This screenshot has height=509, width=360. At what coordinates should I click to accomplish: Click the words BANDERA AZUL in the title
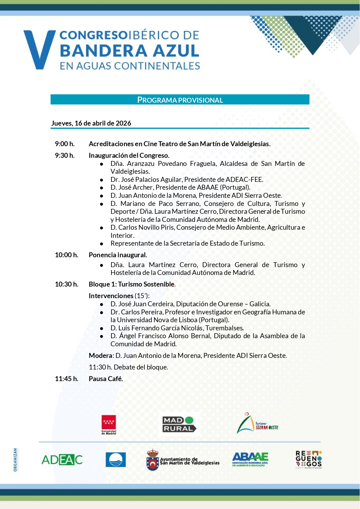point(129,50)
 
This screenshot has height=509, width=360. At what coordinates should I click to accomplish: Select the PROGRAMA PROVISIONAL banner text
point(180,100)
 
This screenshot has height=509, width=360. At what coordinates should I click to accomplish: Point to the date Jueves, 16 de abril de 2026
point(91,123)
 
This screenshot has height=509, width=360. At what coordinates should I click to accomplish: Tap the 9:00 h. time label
point(65,144)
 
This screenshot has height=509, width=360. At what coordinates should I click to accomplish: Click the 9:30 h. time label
point(65,155)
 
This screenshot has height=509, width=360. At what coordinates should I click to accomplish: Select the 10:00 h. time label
point(66,255)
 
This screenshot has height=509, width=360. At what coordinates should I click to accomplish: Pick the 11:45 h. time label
point(66,379)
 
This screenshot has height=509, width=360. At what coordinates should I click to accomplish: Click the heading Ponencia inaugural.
point(118,255)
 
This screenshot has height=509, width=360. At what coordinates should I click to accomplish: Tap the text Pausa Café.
point(106,379)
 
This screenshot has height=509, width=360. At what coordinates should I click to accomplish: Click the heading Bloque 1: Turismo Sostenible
point(132,284)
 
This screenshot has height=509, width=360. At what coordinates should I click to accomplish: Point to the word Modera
point(100,356)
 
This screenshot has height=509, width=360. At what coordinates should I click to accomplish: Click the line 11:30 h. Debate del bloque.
point(128,367)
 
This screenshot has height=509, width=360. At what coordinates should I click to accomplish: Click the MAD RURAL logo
point(179,424)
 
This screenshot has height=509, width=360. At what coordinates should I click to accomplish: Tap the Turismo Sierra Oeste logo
point(257,424)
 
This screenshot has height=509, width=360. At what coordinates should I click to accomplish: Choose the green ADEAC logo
point(62,460)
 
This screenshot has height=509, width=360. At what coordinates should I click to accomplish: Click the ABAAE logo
point(250,459)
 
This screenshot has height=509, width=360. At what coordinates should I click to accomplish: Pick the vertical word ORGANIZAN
point(15,460)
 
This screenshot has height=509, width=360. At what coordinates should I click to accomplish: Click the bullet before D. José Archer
point(102,188)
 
